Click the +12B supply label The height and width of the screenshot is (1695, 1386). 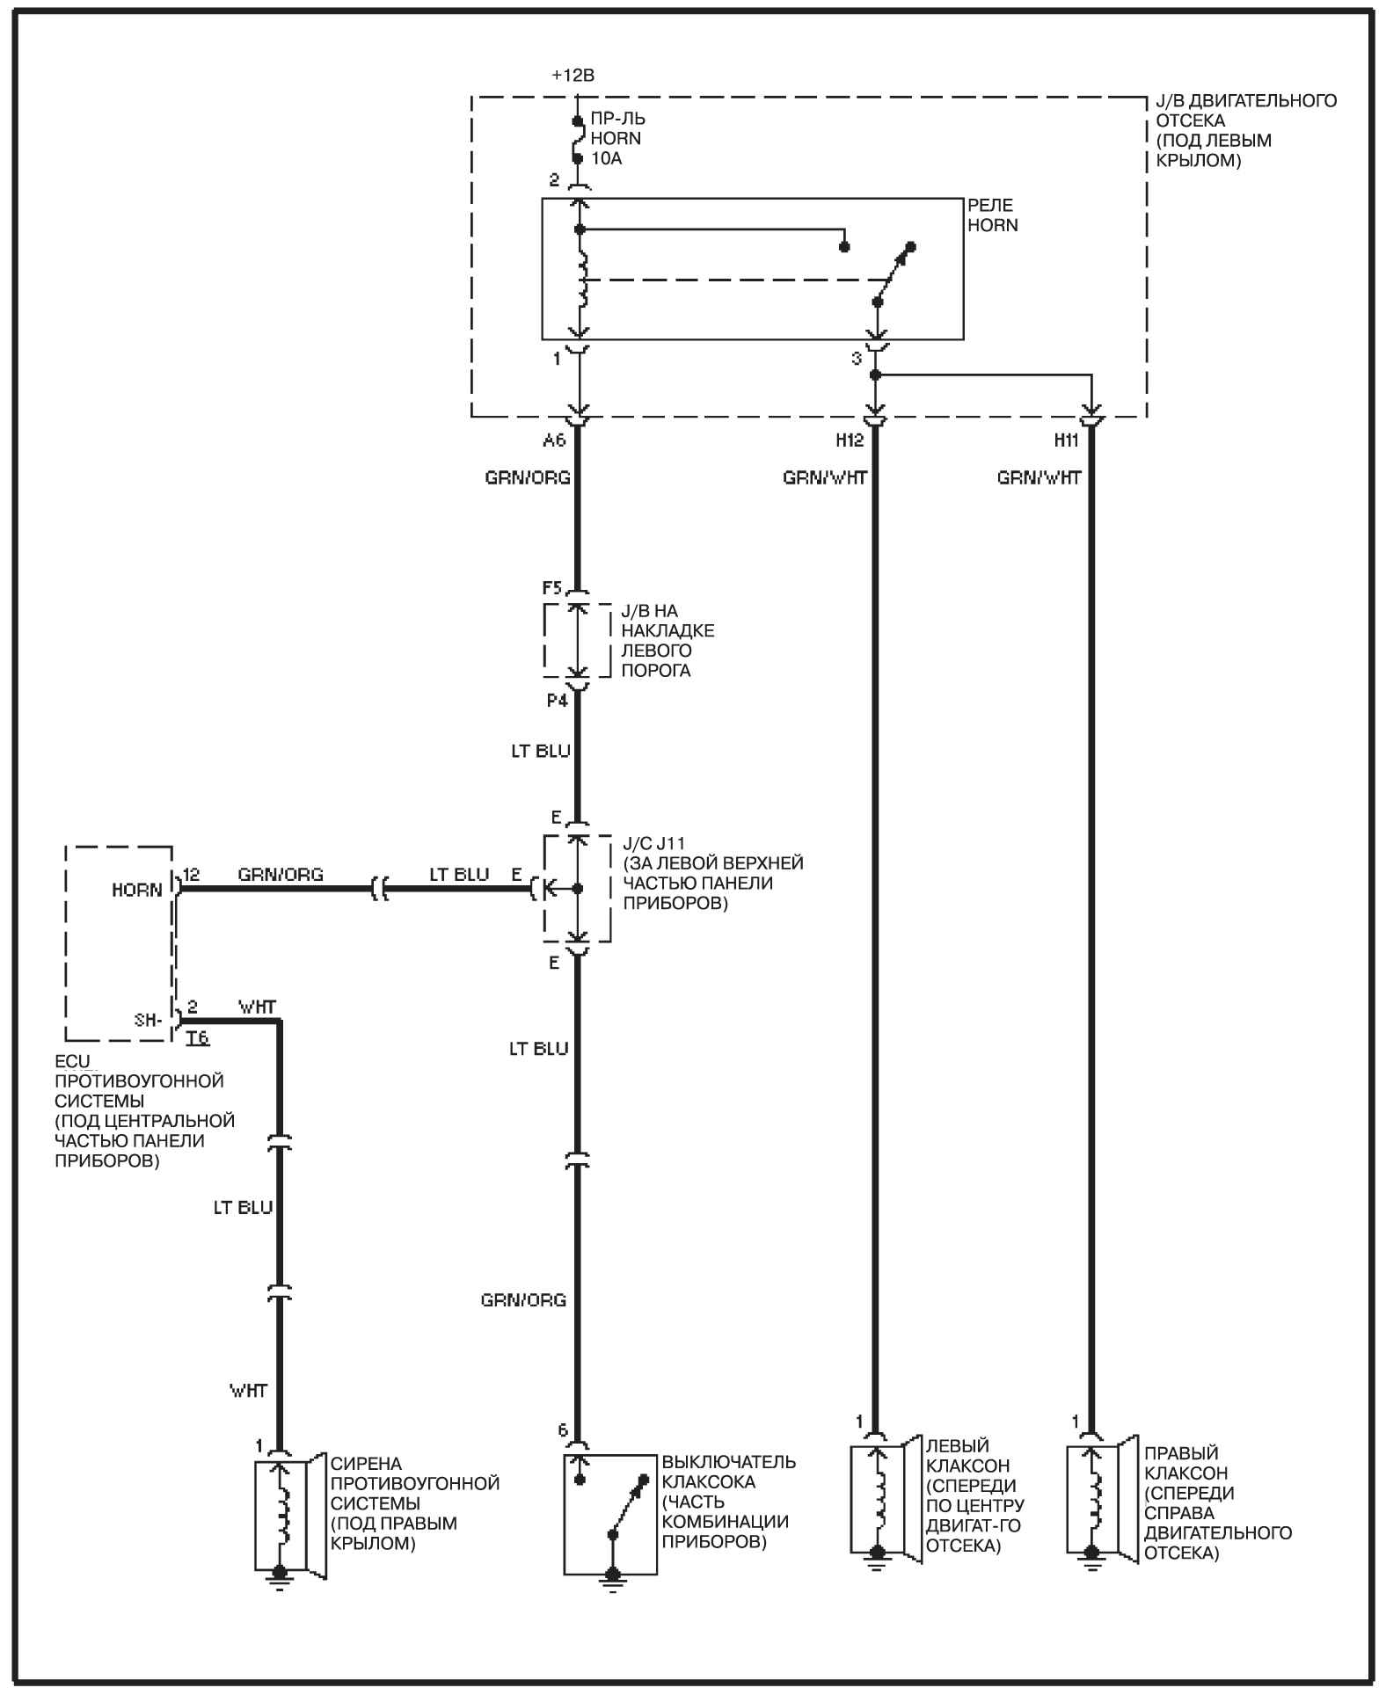tap(573, 76)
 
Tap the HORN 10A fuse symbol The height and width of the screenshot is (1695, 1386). tap(578, 139)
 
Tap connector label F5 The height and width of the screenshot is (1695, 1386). tap(552, 587)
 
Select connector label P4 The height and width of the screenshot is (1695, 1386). tap(557, 700)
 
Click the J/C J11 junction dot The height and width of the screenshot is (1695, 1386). tap(578, 889)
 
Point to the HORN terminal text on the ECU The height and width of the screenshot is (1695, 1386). tap(137, 891)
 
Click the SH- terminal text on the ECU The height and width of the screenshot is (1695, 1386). tap(148, 1020)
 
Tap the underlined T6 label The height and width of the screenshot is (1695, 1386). tap(198, 1038)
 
